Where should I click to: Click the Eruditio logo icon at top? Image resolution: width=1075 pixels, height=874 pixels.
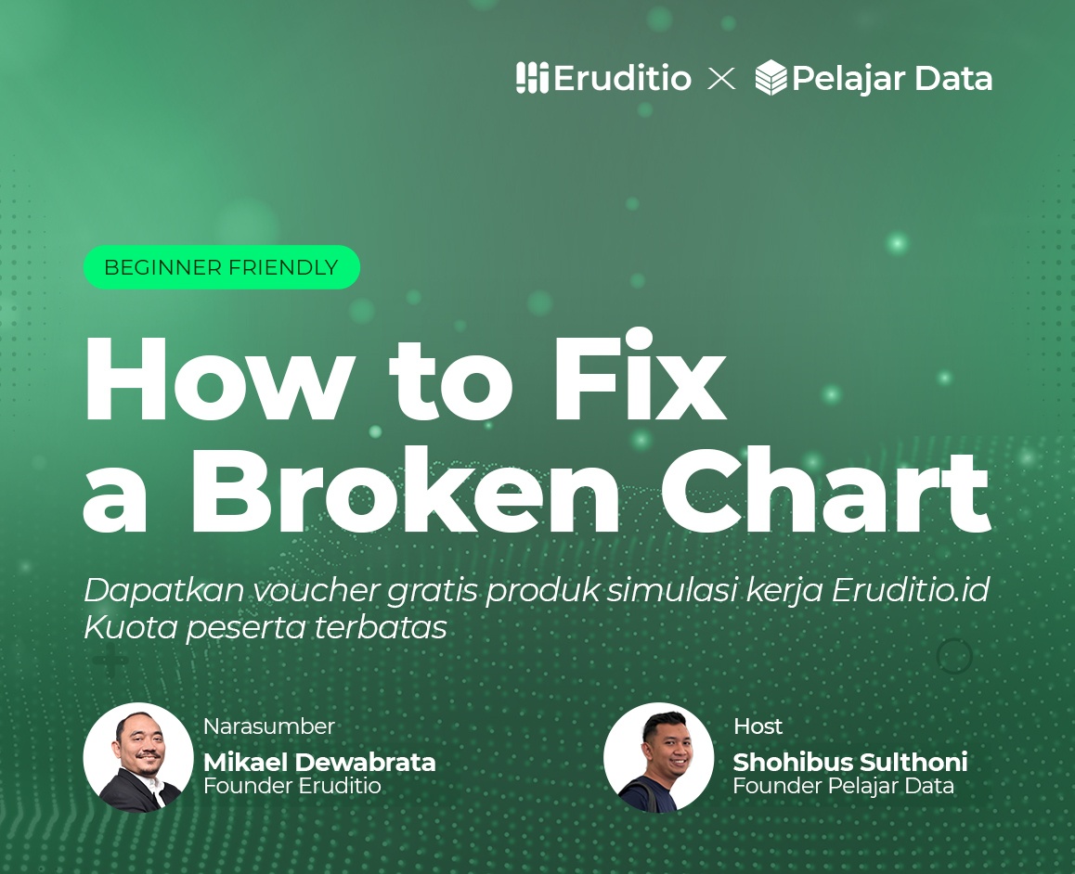tap(532, 78)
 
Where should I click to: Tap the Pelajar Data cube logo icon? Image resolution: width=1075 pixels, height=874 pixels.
tap(771, 78)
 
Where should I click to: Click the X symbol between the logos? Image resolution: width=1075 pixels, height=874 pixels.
tap(721, 79)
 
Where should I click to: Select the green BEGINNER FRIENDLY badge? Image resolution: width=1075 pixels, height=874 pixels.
tap(221, 268)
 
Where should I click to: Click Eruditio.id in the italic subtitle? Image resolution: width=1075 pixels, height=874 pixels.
tap(911, 590)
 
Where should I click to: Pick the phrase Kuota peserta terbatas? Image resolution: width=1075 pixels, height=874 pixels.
tap(265, 628)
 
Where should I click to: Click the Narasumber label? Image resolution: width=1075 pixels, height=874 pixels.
tap(268, 726)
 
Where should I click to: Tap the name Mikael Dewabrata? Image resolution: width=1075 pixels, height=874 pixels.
tap(319, 763)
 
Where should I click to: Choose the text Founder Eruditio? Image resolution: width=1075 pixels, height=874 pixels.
tap(291, 787)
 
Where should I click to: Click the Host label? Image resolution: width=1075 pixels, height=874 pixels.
tap(758, 726)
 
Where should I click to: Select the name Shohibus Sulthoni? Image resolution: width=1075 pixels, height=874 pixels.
tap(849, 763)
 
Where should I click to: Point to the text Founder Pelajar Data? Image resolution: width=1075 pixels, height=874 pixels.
tap(843, 787)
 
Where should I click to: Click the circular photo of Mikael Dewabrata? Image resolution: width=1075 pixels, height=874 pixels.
tap(138, 757)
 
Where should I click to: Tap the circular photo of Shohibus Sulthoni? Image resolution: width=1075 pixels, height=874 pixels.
tap(658, 757)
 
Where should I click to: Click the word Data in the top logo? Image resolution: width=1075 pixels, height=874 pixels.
tap(952, 79)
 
